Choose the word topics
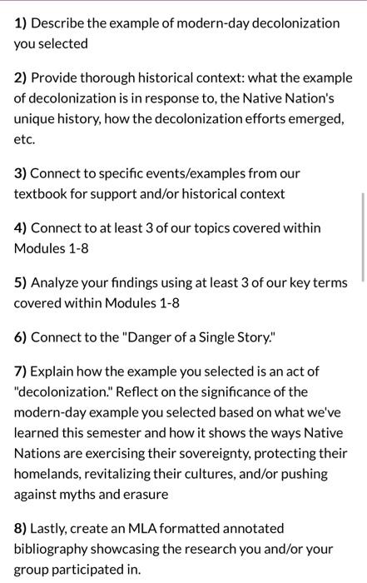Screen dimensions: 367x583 (x=205, y=227)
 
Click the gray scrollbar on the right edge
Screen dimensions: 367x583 (x=363, y=237)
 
